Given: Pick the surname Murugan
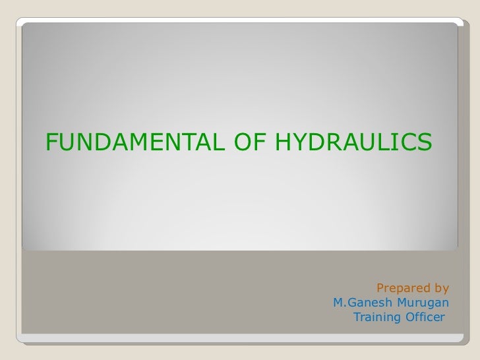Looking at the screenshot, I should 423,303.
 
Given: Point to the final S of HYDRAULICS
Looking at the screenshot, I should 425,140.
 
